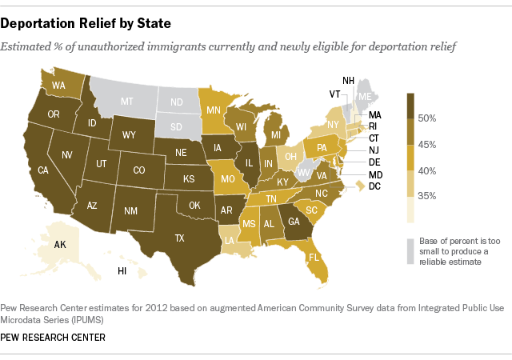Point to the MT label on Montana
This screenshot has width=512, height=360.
[126, 102]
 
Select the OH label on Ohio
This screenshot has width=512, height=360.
[291, 156]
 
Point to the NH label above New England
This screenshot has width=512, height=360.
[348, 81]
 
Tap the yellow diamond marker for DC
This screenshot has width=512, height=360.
[360, 186]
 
